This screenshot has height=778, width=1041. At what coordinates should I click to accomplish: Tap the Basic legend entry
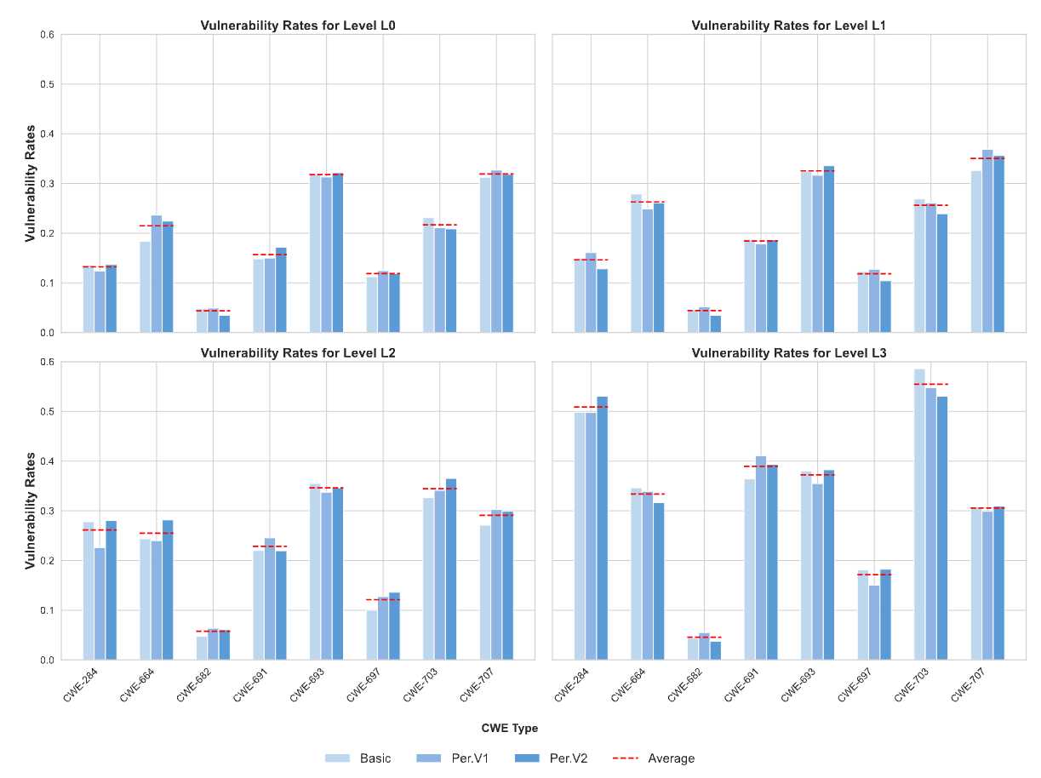[x=357, y=758]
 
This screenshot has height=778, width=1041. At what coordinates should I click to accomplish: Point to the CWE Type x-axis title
[x=509, y=729]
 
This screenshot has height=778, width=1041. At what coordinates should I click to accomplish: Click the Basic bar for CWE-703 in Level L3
[x=919, y=514]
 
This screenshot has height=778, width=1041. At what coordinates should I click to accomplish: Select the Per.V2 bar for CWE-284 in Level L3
[x=603, y=528]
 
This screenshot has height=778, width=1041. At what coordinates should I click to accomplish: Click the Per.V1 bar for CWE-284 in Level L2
[x=100, y=604]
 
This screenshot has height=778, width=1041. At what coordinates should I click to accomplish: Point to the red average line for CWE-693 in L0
[x=326, y=174]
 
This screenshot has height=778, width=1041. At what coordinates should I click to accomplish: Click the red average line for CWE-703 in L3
[x=930, y=385]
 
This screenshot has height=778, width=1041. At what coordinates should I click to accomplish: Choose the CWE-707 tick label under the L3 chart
[x=967, y=686]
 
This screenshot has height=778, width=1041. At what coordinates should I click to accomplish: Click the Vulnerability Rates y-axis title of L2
[x=30, y=511]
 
